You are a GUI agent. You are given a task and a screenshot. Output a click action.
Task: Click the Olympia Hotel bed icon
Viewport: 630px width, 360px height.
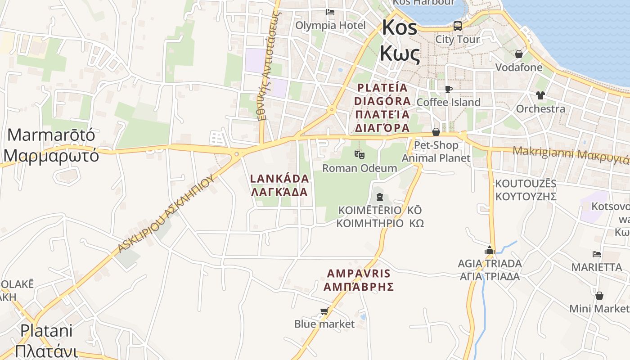(330, 12)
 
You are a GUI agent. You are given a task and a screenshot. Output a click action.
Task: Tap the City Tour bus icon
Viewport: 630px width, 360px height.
(458, 26)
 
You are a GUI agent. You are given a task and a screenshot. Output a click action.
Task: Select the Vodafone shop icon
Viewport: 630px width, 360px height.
(519, 54)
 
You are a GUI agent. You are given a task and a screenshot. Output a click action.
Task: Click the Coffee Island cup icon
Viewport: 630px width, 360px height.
(448, 89)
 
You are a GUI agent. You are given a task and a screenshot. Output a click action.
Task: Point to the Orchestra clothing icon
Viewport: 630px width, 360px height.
(540, 95)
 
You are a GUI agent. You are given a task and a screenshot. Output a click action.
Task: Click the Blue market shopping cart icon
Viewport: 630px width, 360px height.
(324, 311)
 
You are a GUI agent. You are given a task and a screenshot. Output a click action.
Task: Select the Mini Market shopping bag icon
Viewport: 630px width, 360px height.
(599, 296)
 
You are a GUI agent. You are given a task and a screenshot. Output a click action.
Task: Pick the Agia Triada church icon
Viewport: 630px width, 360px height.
(490, 250)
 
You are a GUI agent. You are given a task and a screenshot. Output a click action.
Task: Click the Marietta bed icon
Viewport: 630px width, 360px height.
(597, 254)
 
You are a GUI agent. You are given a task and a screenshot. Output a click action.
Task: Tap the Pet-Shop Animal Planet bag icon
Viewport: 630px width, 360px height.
(436, 132)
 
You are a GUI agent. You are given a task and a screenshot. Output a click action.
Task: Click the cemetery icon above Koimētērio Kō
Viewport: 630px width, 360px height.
(380, 197)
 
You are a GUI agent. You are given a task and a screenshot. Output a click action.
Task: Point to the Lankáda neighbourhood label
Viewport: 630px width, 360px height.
(279, 185)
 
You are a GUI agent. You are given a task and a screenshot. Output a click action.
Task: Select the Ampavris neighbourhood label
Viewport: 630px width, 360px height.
(359, 280)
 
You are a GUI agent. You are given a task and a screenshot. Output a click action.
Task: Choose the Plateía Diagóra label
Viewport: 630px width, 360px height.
(382, 108)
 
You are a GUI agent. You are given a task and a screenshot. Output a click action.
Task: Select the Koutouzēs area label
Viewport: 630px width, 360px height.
(526, 190)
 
